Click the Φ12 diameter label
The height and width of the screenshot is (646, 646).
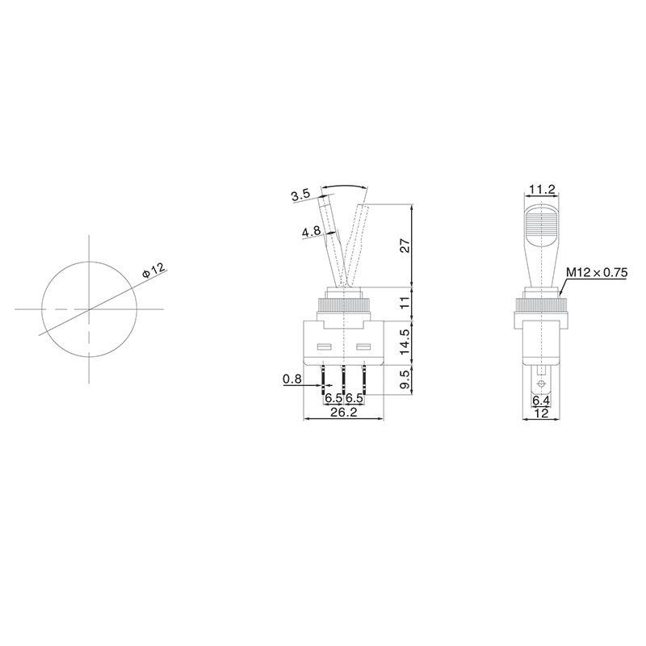click(153, 271)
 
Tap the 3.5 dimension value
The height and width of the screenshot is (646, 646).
click(301, 195)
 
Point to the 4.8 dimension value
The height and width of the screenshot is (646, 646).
click(312, 232)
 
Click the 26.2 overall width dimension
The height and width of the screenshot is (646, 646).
click(344, 412)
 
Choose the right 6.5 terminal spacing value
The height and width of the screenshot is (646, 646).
click(354, 398)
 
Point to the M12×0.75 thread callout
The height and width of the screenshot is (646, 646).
click(597, 273)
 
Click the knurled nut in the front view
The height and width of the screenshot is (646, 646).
click(345, 308)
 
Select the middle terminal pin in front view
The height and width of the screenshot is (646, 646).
click(345, 376)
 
